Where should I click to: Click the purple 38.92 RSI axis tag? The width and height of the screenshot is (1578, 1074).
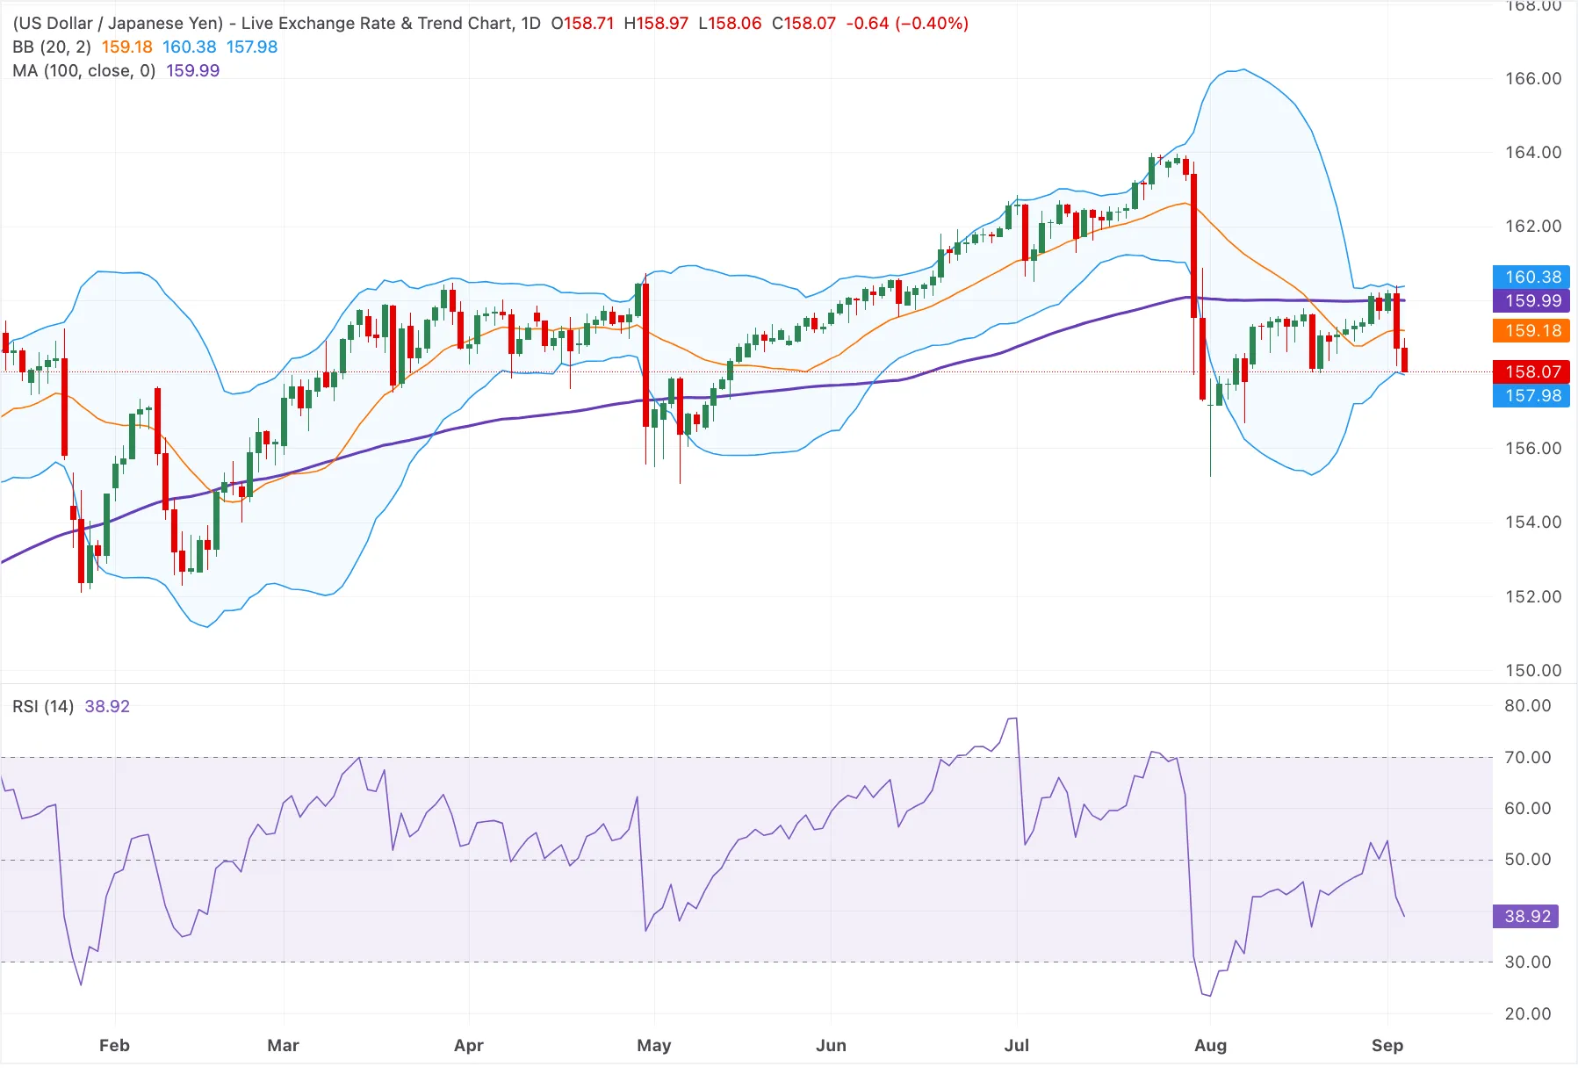click(1528, 916)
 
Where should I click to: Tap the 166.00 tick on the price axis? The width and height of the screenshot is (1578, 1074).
click(1533, 78)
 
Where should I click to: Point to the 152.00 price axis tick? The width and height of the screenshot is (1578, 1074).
click(1533, 596)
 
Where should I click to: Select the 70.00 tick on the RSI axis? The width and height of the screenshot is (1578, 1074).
click(1528, 757)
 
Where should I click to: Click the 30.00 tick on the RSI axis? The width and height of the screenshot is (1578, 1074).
click(1528, 962)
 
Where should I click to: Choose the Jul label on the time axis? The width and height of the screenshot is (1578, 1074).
click(1017, 1045)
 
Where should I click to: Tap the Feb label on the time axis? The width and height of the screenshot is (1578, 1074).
click(114, 1045)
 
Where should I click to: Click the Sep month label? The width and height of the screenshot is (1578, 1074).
click(1387, 1045)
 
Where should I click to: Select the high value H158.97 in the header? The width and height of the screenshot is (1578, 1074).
click(656, 23)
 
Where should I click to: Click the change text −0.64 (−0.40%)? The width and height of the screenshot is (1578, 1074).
click(907, 23)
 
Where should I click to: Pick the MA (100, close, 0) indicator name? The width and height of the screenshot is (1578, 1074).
click(84, 70)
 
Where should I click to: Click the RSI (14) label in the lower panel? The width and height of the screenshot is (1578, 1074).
click(43, 706)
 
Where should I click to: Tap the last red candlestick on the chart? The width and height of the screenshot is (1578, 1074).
click(1405, 359)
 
